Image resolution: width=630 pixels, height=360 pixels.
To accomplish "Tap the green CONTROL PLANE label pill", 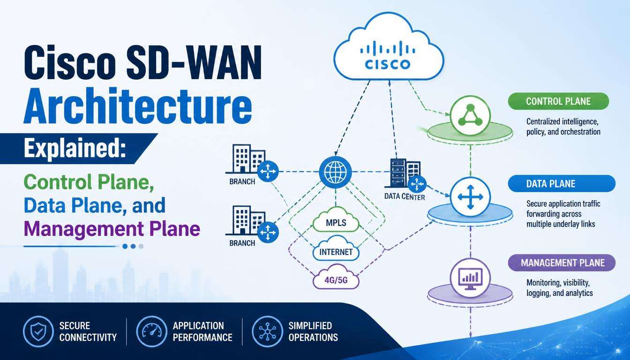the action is (x=559, y=101).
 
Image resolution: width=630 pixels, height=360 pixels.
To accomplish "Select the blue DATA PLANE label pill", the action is (x=562, y=184).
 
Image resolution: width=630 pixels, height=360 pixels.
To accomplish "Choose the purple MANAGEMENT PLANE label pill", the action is (x=562, y=262).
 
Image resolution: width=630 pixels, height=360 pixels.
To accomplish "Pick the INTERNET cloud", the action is (x=336, y=250).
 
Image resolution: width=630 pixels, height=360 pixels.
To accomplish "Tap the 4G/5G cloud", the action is (x=336, y=278).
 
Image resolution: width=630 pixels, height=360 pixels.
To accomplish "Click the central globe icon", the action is (x=336, y=172).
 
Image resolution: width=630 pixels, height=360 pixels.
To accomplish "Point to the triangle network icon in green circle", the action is (x=470, y=116).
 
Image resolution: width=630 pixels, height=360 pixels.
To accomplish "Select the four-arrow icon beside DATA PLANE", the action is (x=470, y=196).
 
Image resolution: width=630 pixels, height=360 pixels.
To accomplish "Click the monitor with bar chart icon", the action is (x=470, y=278).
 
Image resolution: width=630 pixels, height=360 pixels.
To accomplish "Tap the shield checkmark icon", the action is (x=38, y=331).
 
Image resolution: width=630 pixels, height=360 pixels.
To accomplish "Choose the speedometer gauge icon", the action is (x=151, y=331).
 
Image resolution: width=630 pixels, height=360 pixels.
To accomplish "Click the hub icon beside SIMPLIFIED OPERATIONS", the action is (x=268, y=331).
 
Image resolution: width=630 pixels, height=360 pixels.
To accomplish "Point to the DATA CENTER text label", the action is (x=405, y=196).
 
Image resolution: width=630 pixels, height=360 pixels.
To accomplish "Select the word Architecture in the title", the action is (x=137, y=107).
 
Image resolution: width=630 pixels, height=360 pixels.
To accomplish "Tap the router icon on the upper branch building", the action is (x=268, y=171).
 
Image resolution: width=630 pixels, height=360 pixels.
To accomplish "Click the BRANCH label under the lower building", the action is (x=242, y=243).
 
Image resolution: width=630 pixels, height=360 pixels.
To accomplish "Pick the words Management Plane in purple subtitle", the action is (x=112, y=228).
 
